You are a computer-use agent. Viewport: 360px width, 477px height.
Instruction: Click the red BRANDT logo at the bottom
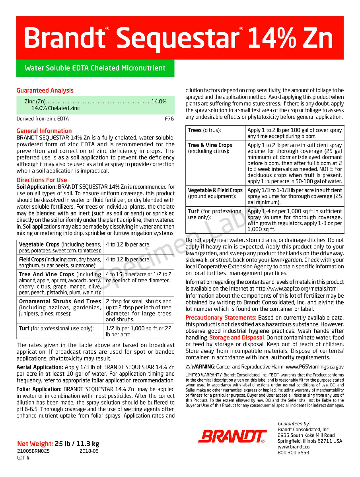(x=232, y=436)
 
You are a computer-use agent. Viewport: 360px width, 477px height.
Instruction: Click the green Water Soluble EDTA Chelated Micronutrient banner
(x=95, y=68)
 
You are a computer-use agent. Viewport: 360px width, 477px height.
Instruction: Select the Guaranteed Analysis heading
(x=45, y=90)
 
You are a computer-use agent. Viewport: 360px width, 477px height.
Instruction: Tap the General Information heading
(x=44, y=131)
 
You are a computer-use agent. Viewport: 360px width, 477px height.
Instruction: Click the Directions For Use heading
(x=42, y=180)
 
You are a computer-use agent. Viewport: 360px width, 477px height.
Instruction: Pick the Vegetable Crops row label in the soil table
(x=39, y=244)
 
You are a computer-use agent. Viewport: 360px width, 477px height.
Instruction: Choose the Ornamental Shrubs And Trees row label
(x=60, y=301)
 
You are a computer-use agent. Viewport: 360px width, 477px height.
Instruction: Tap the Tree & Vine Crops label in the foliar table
(x=210, y=145)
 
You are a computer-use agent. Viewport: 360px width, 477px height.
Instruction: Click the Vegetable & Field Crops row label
(x=215, y=190)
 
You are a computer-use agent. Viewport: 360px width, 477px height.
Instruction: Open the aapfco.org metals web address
(x=296, y=289)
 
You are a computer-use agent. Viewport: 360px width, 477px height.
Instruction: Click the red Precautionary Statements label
(x=221, y=318)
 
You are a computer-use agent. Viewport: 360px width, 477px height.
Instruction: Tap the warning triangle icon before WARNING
(x=188, y=366)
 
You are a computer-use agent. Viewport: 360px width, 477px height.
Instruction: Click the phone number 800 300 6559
(x=293, y=452)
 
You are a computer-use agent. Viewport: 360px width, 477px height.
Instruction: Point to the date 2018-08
(x=89, y=451)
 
